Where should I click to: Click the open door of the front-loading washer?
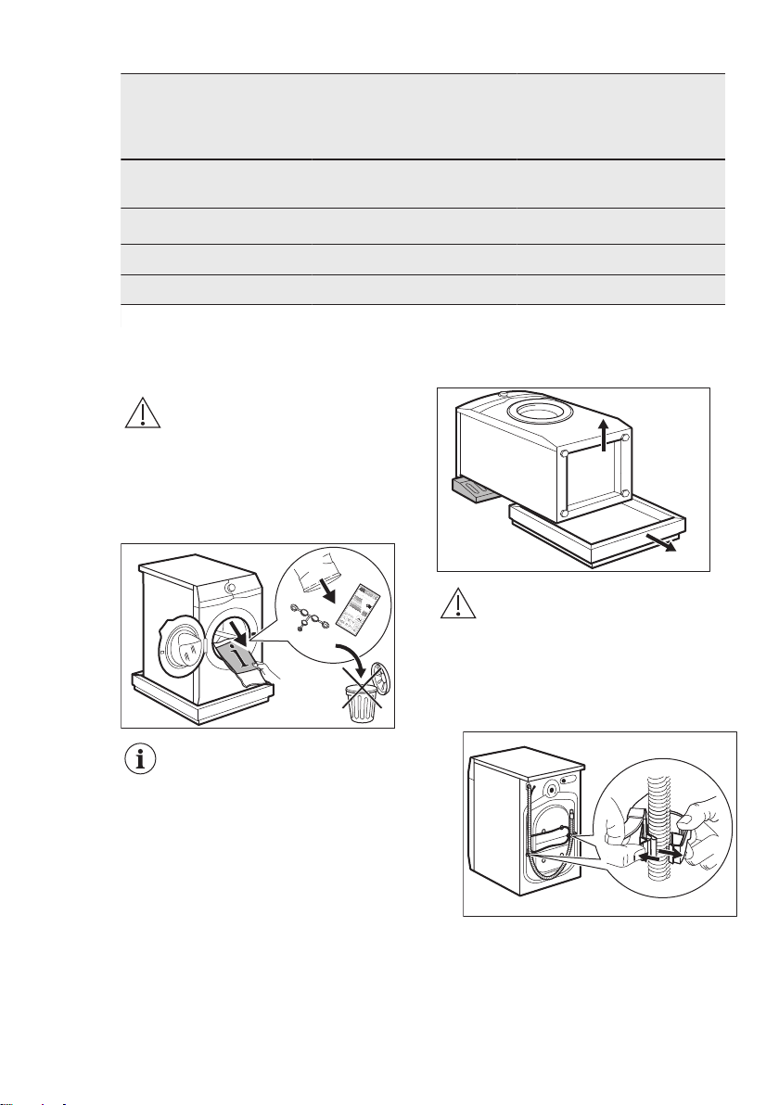185,641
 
